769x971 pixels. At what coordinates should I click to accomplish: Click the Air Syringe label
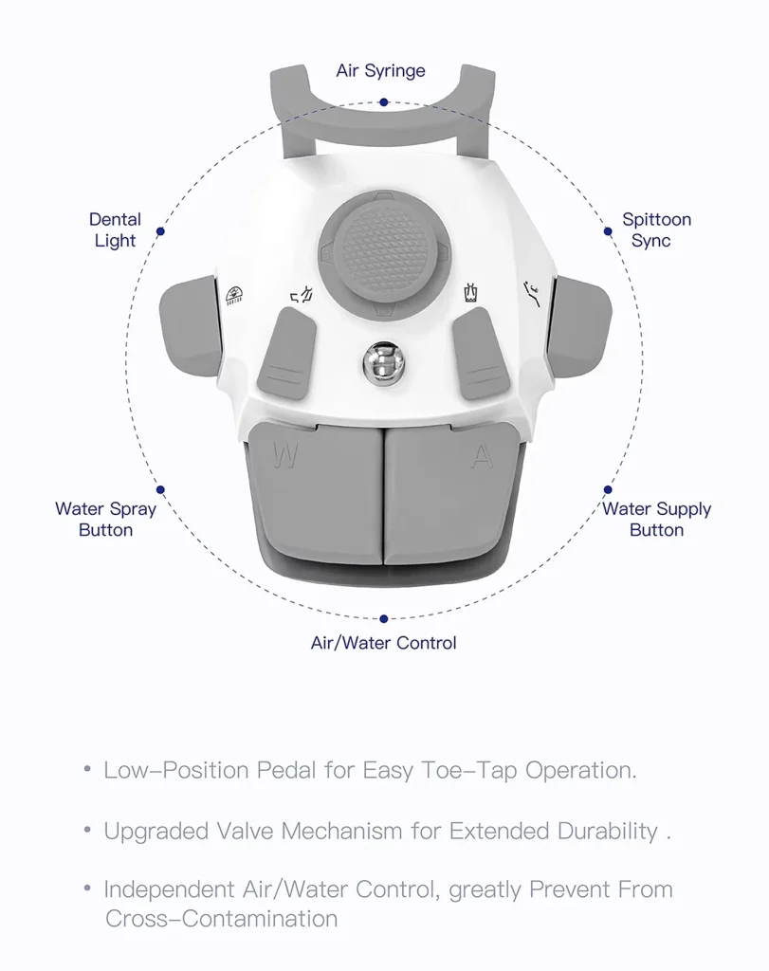380,71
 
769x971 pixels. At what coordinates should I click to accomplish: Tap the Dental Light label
115,230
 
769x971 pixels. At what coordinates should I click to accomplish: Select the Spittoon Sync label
656,230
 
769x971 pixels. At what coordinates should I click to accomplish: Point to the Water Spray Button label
105,520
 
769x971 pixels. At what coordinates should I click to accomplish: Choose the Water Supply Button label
656,520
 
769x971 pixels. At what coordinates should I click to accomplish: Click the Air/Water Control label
383,643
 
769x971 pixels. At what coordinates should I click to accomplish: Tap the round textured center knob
377,253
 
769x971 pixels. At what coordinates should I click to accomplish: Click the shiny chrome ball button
378,361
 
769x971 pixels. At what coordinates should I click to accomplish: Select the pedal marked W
313,493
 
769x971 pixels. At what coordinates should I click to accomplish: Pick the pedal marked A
450,493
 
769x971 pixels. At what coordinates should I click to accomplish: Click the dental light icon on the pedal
233,295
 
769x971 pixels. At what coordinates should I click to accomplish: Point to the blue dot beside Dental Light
160,230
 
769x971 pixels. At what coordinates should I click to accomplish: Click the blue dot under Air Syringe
383,101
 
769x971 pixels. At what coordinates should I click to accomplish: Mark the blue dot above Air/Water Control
383,619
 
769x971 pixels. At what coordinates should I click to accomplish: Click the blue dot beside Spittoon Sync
608,230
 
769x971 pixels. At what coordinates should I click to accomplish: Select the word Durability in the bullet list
601,832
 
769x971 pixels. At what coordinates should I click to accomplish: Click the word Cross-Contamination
221,919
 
